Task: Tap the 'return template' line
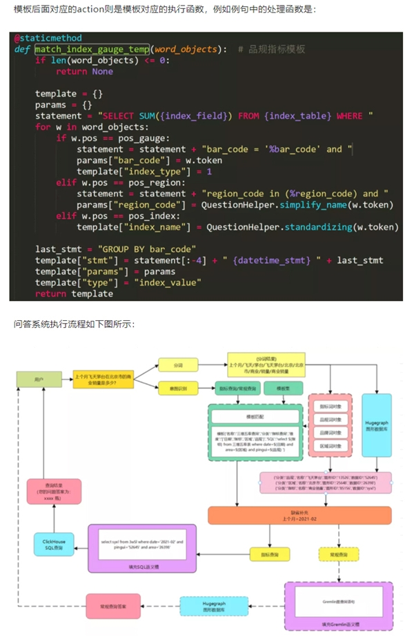[74, 293]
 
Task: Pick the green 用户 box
[38, 379]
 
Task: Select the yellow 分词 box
[178, 363]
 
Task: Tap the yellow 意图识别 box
[178, 388]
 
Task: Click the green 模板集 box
[283, 389]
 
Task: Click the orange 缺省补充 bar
[299, 515]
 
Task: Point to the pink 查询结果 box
[54, 493]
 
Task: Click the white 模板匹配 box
[255, 417]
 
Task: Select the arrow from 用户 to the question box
[66, 379]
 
